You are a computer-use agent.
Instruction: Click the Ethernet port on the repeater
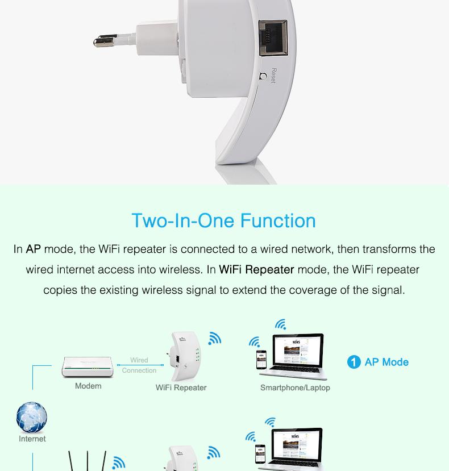[x=273, y=38]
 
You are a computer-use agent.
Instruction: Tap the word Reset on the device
[x=273, y=76]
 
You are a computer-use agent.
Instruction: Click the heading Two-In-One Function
[x=223, y=220]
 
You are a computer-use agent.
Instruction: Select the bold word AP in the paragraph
[x=34, y=249]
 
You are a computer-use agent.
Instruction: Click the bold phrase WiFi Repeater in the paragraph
[x=256, y=270]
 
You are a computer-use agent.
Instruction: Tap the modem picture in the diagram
[x=88, y=368]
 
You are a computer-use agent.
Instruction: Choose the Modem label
[x=88, y=386]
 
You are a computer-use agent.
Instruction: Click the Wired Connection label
[x=139, y=365]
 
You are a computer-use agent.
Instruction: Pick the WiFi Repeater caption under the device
[x=181, y=388]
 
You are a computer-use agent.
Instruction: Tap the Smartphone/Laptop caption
[x=295, y=388]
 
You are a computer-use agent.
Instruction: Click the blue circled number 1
[x=354, y=362]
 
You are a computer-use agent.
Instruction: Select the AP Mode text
[x=386, y=362]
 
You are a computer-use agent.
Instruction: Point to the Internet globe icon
[x=32, y=418]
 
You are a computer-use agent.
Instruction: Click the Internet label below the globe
[x=32, y=439]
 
